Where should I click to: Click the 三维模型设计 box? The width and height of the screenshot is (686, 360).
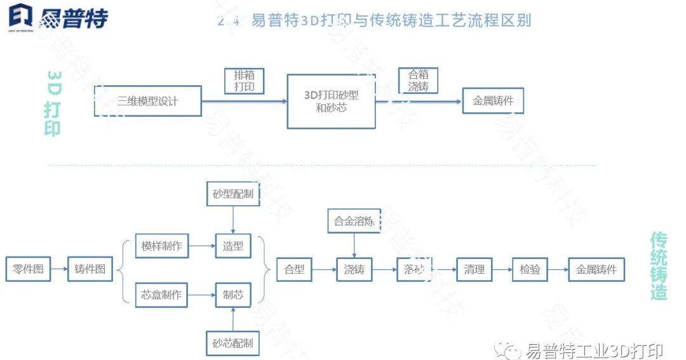click(x=148, y=100)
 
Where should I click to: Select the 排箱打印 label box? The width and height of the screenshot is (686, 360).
click(x=245, y=81)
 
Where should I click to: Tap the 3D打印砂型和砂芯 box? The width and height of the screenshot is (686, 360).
click(x=331, y=101)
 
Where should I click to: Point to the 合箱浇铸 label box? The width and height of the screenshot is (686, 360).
click(x=418, y=81)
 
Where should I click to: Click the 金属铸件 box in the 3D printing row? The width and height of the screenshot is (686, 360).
click(x=494, y=100)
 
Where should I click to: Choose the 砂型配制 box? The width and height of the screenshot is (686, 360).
click(x=233, y=194)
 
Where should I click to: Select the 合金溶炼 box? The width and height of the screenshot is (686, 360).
click(x=354, y=222)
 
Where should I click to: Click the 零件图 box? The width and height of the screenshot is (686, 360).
click(x=28, y=269)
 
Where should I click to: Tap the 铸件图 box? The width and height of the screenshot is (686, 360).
click(x=90, y=269)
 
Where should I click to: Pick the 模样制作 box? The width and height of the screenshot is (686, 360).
click(x=162, y=245)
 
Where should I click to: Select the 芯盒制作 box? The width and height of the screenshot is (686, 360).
click(x=162, y=295)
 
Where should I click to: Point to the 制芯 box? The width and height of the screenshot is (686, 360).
click(x=233, y=295)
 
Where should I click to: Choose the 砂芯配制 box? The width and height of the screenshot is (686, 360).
click(x=233, y=343)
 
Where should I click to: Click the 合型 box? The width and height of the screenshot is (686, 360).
click(x=295, y=269)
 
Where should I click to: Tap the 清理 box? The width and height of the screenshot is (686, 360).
click(x=474, y=269)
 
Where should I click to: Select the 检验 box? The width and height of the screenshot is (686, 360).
click(x=530, y=269)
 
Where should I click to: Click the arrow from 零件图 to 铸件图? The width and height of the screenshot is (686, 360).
click(x=59, y=269)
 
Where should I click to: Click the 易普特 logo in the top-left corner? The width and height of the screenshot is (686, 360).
click(x=58, y=17)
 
